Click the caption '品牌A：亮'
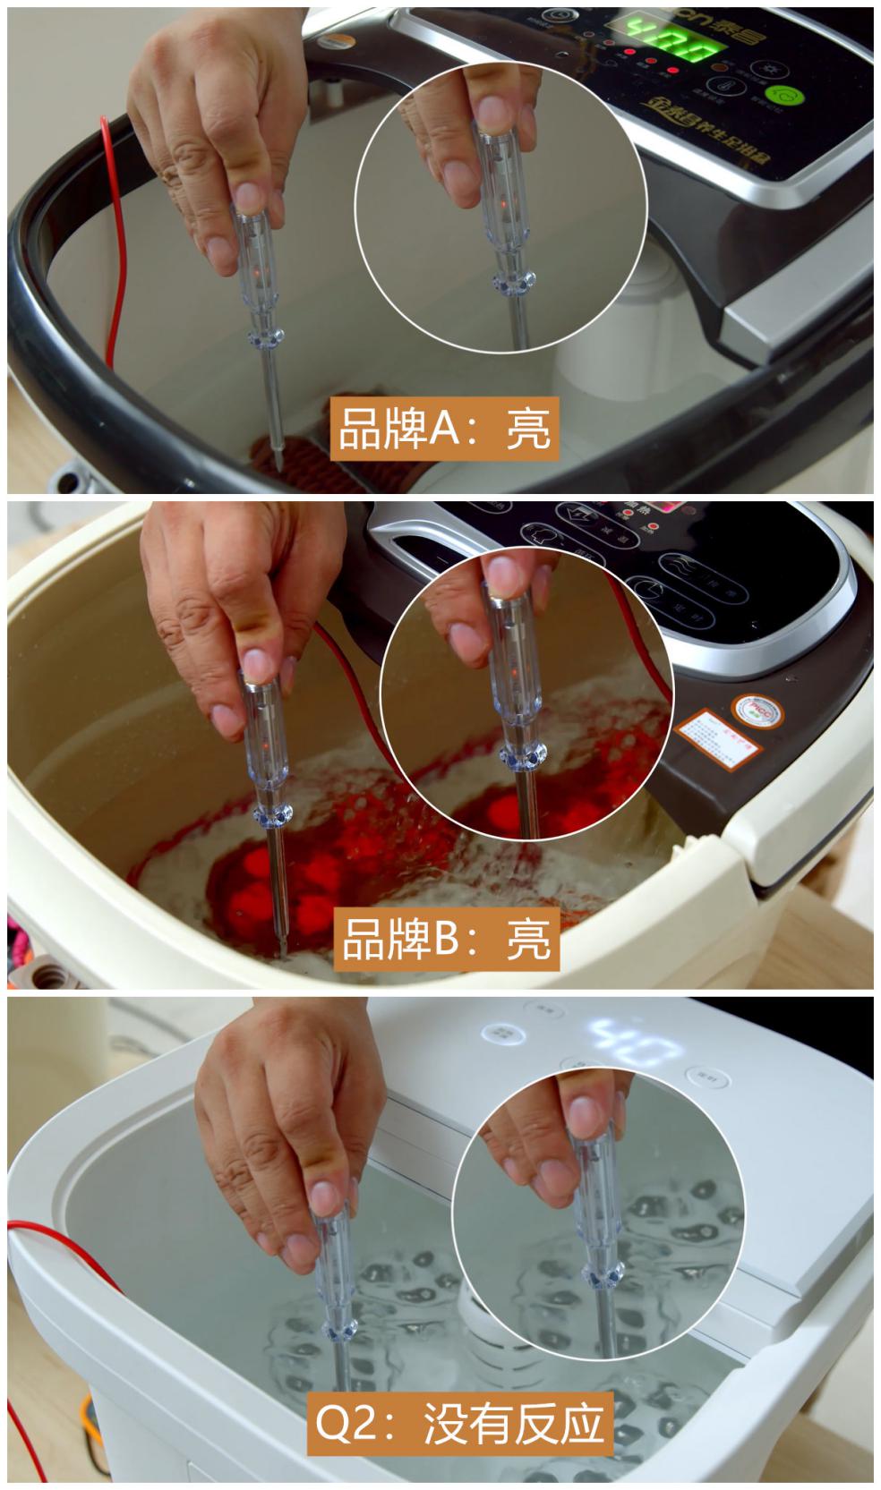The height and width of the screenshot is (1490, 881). coord(444,428)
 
